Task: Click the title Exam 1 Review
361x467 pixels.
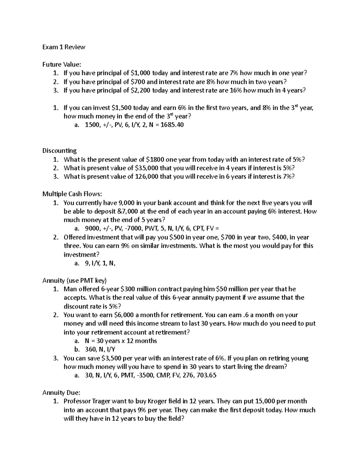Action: pyautogui.click(x=64, y=47)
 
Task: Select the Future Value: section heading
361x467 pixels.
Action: pyautogui.click(x=62, y=64)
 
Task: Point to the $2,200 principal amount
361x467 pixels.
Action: pyautogui.click(x=141, y=90)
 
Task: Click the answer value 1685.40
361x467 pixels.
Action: pyautogui.click(x=172, y=125)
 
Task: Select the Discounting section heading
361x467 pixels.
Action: pyautogui.click(x=60, y=151)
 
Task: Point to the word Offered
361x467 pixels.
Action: pyautogui.click(x=74, y=237)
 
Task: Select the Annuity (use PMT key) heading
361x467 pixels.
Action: pyautogui.click(x=74, y=281)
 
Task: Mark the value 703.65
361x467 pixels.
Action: pyautogui.click(x=206, y=375)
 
